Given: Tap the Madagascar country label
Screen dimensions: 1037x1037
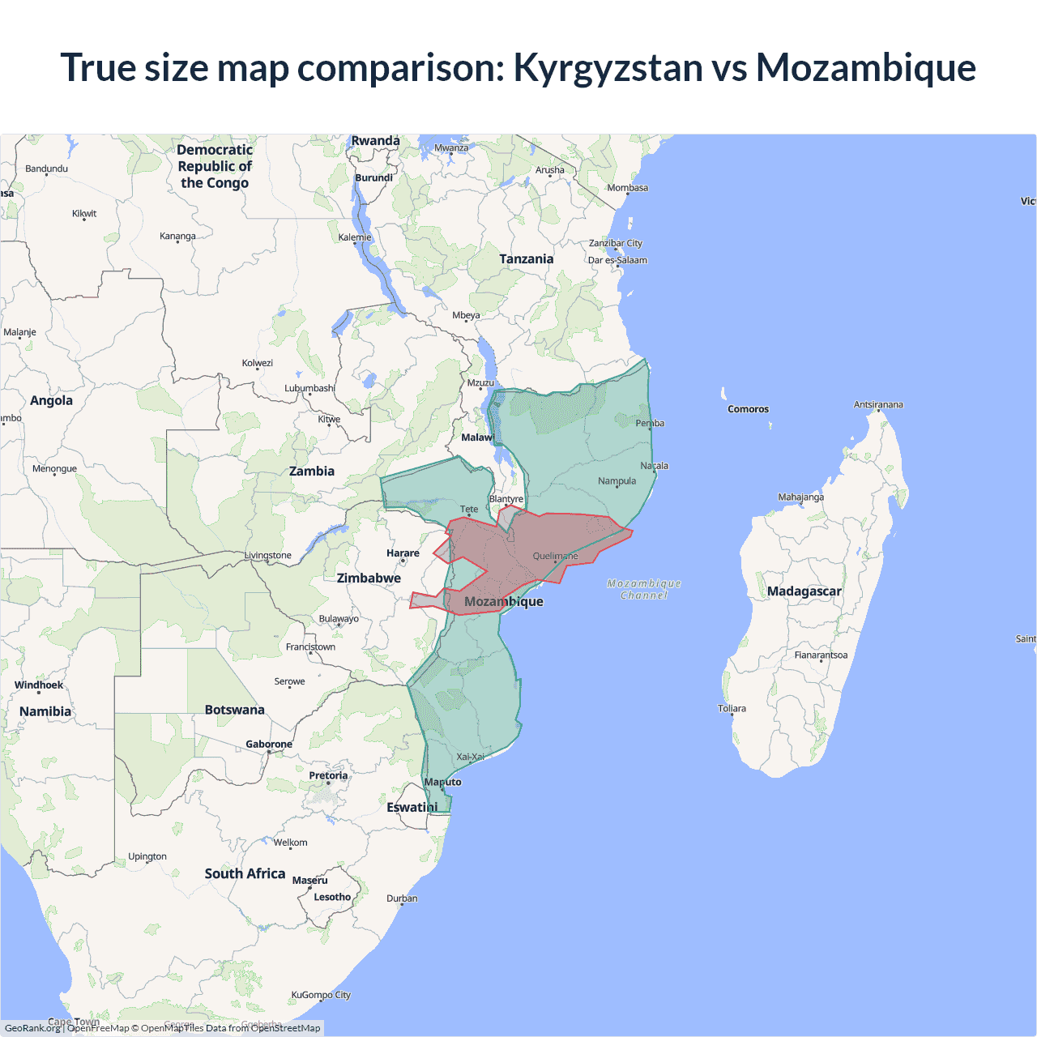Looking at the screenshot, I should [804, 591].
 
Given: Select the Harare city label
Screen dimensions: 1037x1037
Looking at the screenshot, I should [403, 553].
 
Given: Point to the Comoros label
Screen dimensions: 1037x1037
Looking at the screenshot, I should [748, 409].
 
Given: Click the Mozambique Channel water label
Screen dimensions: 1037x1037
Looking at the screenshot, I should [644, 589].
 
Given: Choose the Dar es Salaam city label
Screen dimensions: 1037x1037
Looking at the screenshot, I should [617, 260].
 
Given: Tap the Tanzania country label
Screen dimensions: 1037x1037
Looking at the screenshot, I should [526, 259].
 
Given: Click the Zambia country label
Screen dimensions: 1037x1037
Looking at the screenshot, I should [311, 472].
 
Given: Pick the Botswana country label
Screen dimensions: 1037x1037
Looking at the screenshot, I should [234, 710].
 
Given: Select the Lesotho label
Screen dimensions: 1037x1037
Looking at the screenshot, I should [332, 897].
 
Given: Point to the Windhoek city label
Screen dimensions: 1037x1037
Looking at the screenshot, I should [38, 685].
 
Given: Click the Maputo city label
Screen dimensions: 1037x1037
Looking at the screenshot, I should [442, 782].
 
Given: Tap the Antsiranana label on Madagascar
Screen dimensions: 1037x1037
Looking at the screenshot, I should [877, 404].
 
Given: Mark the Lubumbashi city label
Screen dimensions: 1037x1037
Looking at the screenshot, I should [309, 388].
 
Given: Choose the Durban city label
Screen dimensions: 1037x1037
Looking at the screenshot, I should [402, 898].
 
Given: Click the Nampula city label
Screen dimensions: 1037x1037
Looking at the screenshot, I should [617, 481].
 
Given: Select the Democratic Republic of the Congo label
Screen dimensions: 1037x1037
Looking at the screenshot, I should [215, 166].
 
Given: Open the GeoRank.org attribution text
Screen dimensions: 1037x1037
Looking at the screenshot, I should [32, 1028].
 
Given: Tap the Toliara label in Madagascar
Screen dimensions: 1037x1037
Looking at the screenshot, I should [732, 709].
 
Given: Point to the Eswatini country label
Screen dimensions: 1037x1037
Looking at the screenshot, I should [412, 808].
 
